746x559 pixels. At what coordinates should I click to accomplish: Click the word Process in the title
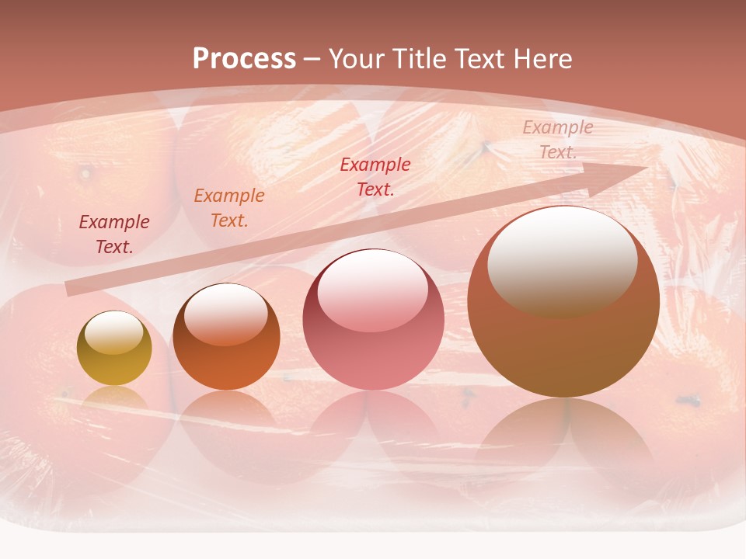point(244,59)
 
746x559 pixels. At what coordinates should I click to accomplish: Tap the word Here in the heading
point(541,59)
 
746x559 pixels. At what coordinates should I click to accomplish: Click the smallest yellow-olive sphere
point(114,349)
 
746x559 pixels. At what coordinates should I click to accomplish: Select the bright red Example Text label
point(375,176)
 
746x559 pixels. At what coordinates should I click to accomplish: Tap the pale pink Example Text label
point(557,140)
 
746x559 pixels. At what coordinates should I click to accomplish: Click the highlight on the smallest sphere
point(113,333)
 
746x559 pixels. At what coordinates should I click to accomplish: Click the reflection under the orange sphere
point(226,423)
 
